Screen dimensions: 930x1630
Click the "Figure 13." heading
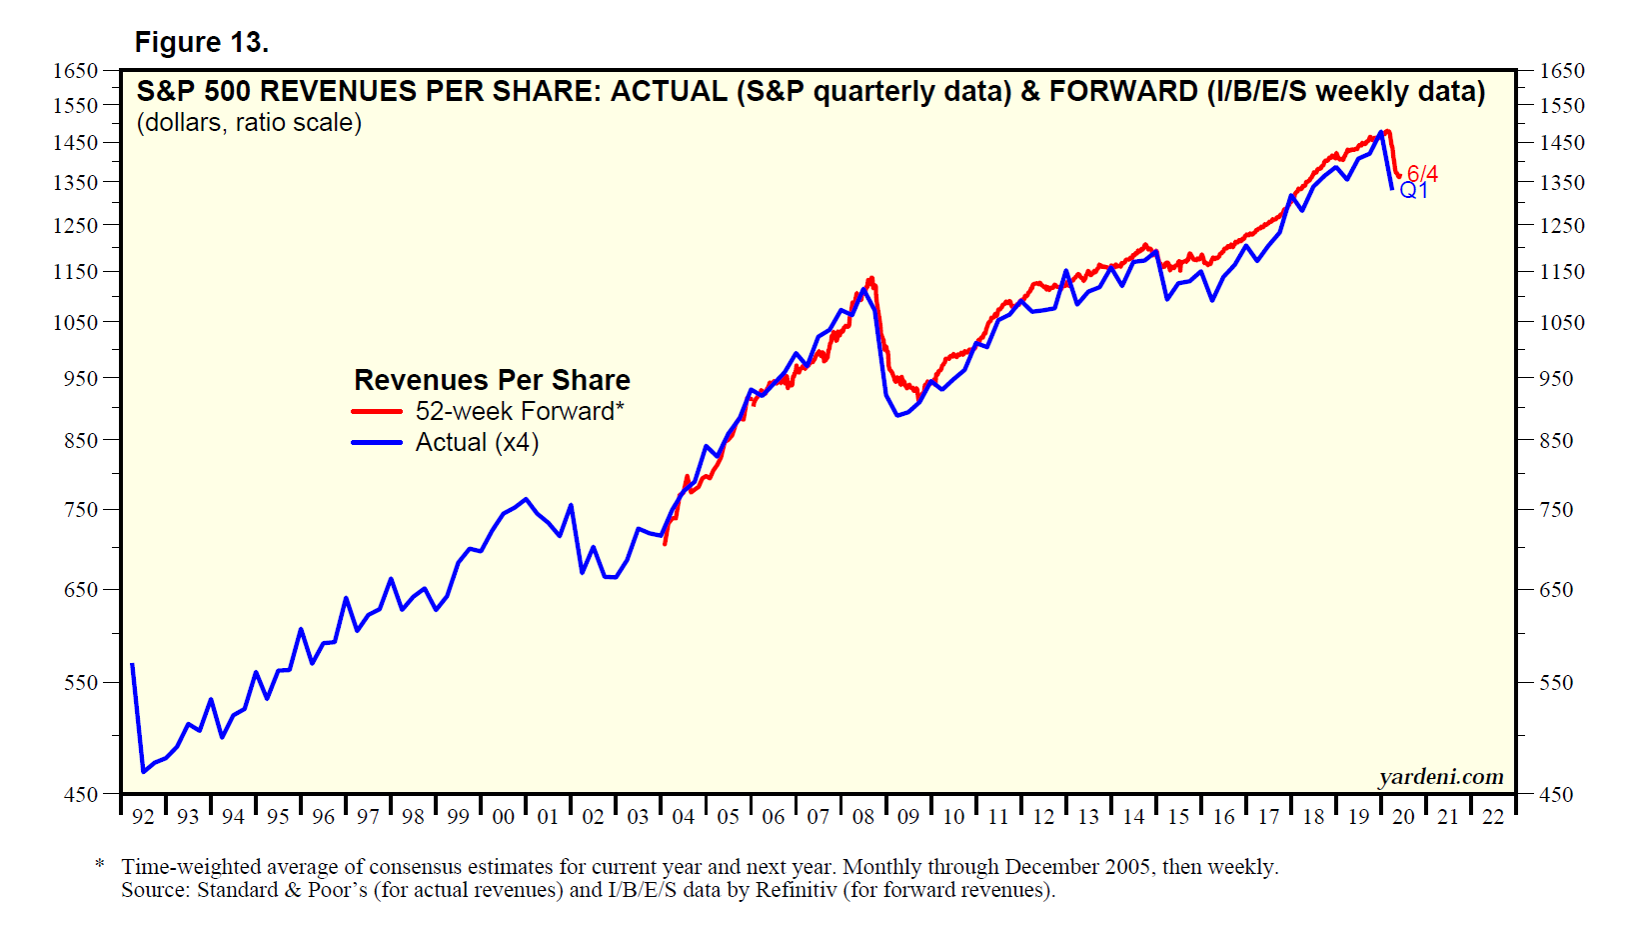[x=201, y=42]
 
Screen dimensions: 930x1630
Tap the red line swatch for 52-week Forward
[x=376, y=411]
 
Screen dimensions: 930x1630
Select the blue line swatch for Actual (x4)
[x=376, y=442]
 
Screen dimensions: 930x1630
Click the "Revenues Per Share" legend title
[x=492, y=380]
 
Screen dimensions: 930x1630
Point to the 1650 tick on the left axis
[x=76, y=71]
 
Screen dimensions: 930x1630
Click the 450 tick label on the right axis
[x=1556, y=795]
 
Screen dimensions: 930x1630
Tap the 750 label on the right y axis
[x=1556, y=510]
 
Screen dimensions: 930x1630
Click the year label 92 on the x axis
[x=143, y=817]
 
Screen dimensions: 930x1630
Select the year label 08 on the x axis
[x=863, y=817]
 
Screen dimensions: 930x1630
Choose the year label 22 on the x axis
[x=1493, y=817]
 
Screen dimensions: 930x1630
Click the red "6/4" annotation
[x=1422, y=174]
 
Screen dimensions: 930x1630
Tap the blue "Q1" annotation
[x=1414, y=190]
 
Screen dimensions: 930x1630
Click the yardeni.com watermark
[x=1440, y=777]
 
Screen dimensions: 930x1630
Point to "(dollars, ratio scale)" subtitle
[x=249, y=123]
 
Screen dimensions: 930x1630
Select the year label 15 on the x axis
[x=1178, y=817]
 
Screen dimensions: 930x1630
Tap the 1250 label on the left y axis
[x=76, y=226]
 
